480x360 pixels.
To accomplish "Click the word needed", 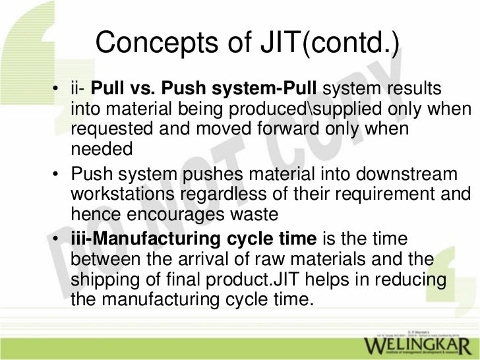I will [102, 150].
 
